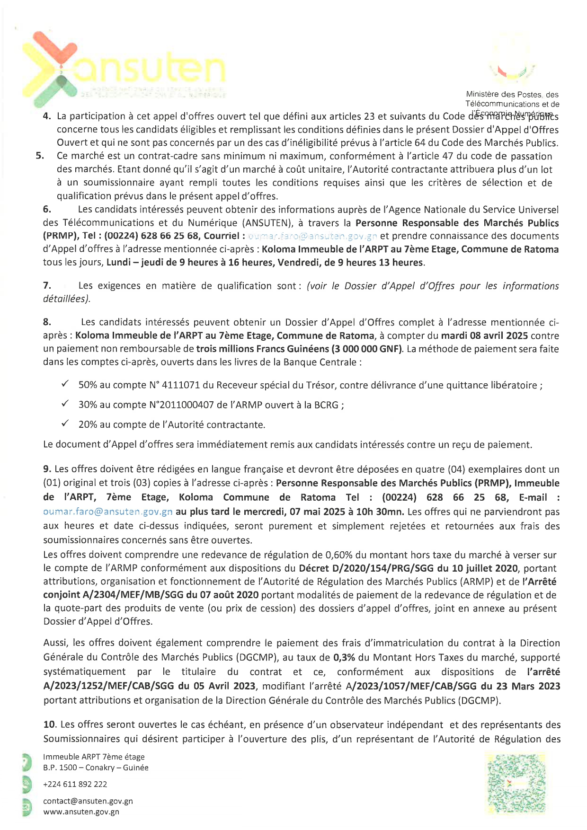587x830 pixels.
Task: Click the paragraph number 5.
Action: (x=40, y=156)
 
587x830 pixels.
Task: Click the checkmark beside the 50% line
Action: (x=65, y=384)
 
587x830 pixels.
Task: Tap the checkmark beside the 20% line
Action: (x=65, y=424)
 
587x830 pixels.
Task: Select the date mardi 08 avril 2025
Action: (x=485, y=336)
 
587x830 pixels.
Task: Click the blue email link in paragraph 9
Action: (x=107, y=512)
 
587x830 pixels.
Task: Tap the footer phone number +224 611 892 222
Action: (x=75, y=784)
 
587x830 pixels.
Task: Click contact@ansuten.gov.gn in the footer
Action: (x=88, y=801)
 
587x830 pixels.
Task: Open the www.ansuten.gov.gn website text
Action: (x=81, y=812)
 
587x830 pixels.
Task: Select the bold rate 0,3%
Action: (x=344, y=657)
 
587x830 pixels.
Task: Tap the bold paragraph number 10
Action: (x=50, y=724)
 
